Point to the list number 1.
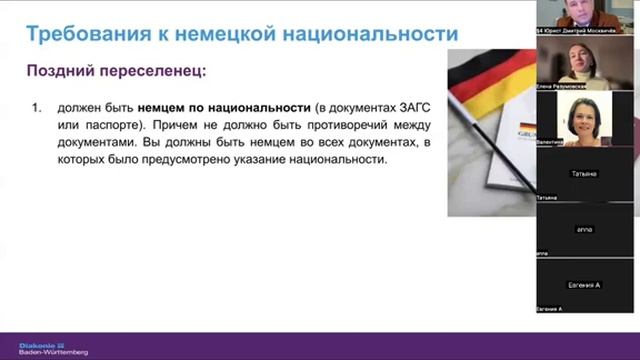[37, 106]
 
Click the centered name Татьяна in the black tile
[584, 174]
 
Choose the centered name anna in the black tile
[584, 229]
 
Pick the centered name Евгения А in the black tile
[584, 285]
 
